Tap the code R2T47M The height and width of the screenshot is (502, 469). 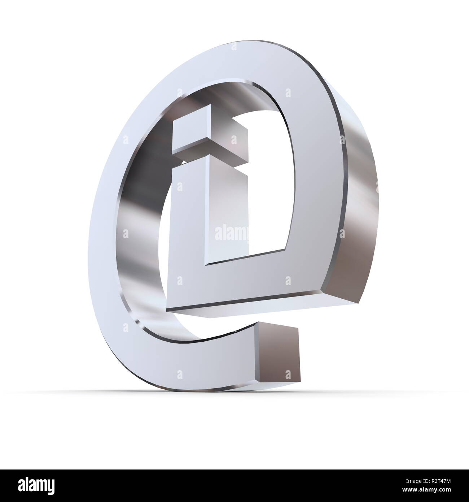[441, 481]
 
